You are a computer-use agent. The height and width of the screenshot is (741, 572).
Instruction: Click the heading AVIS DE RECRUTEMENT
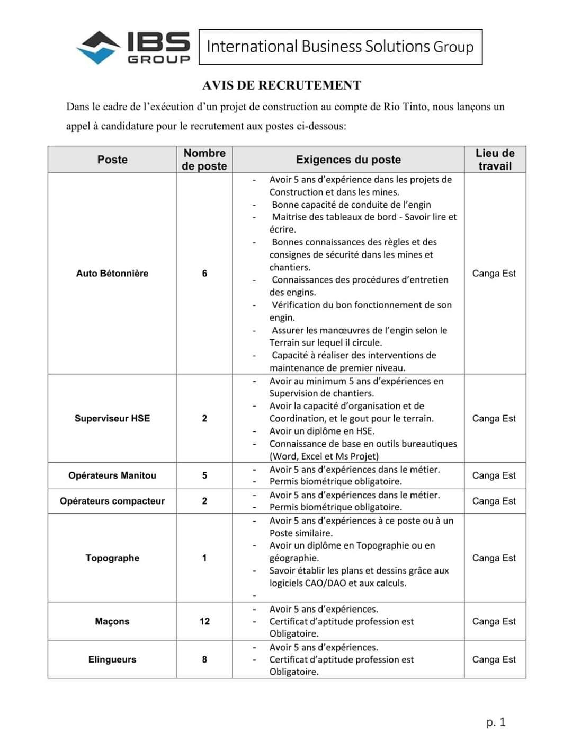(x=282, y=85)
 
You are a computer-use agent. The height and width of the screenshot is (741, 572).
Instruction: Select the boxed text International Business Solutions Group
(x=340, y=47)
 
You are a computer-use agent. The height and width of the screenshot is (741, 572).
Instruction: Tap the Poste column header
(x=112, y=160)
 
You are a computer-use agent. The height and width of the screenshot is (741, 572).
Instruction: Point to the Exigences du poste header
(x=348, y=160)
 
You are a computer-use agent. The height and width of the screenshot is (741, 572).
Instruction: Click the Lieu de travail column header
(x=495, y=160)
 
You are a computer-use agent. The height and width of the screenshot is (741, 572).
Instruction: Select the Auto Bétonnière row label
(x=112, y=274)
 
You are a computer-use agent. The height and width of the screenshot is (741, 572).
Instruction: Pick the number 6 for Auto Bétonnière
(x=204, y=274)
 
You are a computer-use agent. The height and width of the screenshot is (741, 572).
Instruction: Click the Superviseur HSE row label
(x=112, y=418)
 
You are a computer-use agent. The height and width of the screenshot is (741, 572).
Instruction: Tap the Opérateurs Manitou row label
(x=112, y=475)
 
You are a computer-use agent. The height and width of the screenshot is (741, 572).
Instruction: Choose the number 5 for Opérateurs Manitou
(x=204, y=475)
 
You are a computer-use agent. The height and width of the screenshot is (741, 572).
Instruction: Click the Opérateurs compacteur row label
(x=112, y=501)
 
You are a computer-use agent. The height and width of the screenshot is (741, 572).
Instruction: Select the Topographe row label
(x=112, y=558)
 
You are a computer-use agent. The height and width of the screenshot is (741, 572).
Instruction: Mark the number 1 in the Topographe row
(x=204, y=558)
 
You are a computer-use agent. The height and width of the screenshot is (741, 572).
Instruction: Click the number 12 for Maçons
(x=204, y=621)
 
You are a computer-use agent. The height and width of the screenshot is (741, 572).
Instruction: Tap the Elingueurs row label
(x=112, y=659)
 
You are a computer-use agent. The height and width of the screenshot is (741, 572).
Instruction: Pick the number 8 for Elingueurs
(x=204, y=659)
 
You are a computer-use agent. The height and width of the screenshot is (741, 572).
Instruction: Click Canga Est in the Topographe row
(x=494, y=558)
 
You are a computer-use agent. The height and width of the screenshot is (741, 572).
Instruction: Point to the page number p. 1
(x=496, y=722)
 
